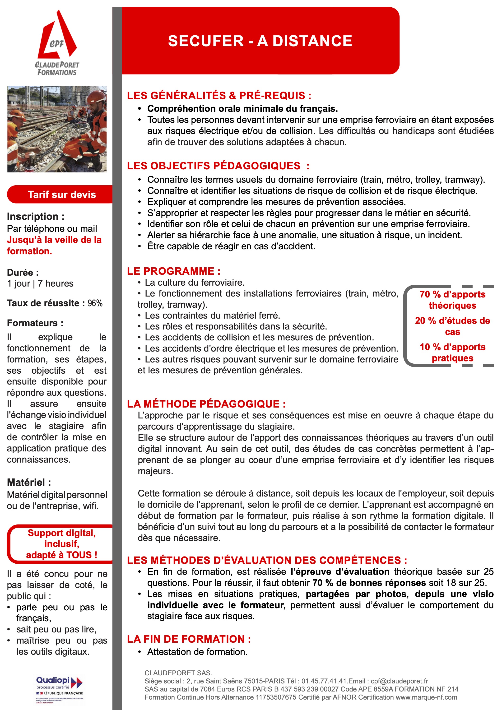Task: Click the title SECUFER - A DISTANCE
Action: click(x=260, y=41)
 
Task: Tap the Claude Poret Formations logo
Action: click(x=57, y=43)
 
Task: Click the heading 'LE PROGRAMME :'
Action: click(x=173, y=271)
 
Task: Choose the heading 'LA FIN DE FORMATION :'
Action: click(x=189, y=639)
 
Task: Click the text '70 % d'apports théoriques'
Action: click(x=452, y=300)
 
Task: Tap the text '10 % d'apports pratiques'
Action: click(x=452, y=352)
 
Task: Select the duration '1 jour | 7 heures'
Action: click(x=40, y=283)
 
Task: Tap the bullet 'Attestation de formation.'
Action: click(x=197, y=652)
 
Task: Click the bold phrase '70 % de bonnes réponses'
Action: click(x=369, y=583)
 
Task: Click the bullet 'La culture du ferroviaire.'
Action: click(x=195, y=282)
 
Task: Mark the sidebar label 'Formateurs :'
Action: click(x=35, y=323)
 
